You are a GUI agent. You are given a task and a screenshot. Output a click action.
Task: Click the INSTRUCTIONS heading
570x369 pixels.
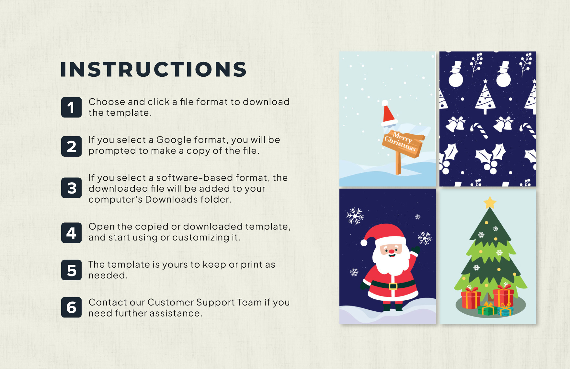tap(154, 69)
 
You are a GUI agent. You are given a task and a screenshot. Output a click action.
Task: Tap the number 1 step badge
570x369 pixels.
tap(71, 107)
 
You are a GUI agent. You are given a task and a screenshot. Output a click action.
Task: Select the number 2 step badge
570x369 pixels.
tap(71, 146)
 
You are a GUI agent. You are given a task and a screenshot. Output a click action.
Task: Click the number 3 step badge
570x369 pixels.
tap(71, 188)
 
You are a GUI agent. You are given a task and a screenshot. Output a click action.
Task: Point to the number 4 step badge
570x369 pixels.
tap(71, 233)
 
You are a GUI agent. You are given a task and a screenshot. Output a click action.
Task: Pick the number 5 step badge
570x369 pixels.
tap(71, 270)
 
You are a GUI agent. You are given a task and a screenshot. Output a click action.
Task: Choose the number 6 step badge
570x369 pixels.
tap(71, 307)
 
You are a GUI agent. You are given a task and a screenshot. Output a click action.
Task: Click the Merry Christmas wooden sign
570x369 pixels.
tap(403, 142)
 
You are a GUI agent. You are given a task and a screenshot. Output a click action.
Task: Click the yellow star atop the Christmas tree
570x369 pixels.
tap(490, 203)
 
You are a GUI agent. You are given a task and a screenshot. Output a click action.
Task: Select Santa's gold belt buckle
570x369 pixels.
tap(393, 286)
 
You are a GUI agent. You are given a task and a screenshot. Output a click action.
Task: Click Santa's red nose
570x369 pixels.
tap(392, 251)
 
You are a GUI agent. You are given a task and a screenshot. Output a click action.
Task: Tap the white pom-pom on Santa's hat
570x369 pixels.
tap(364, 242)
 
